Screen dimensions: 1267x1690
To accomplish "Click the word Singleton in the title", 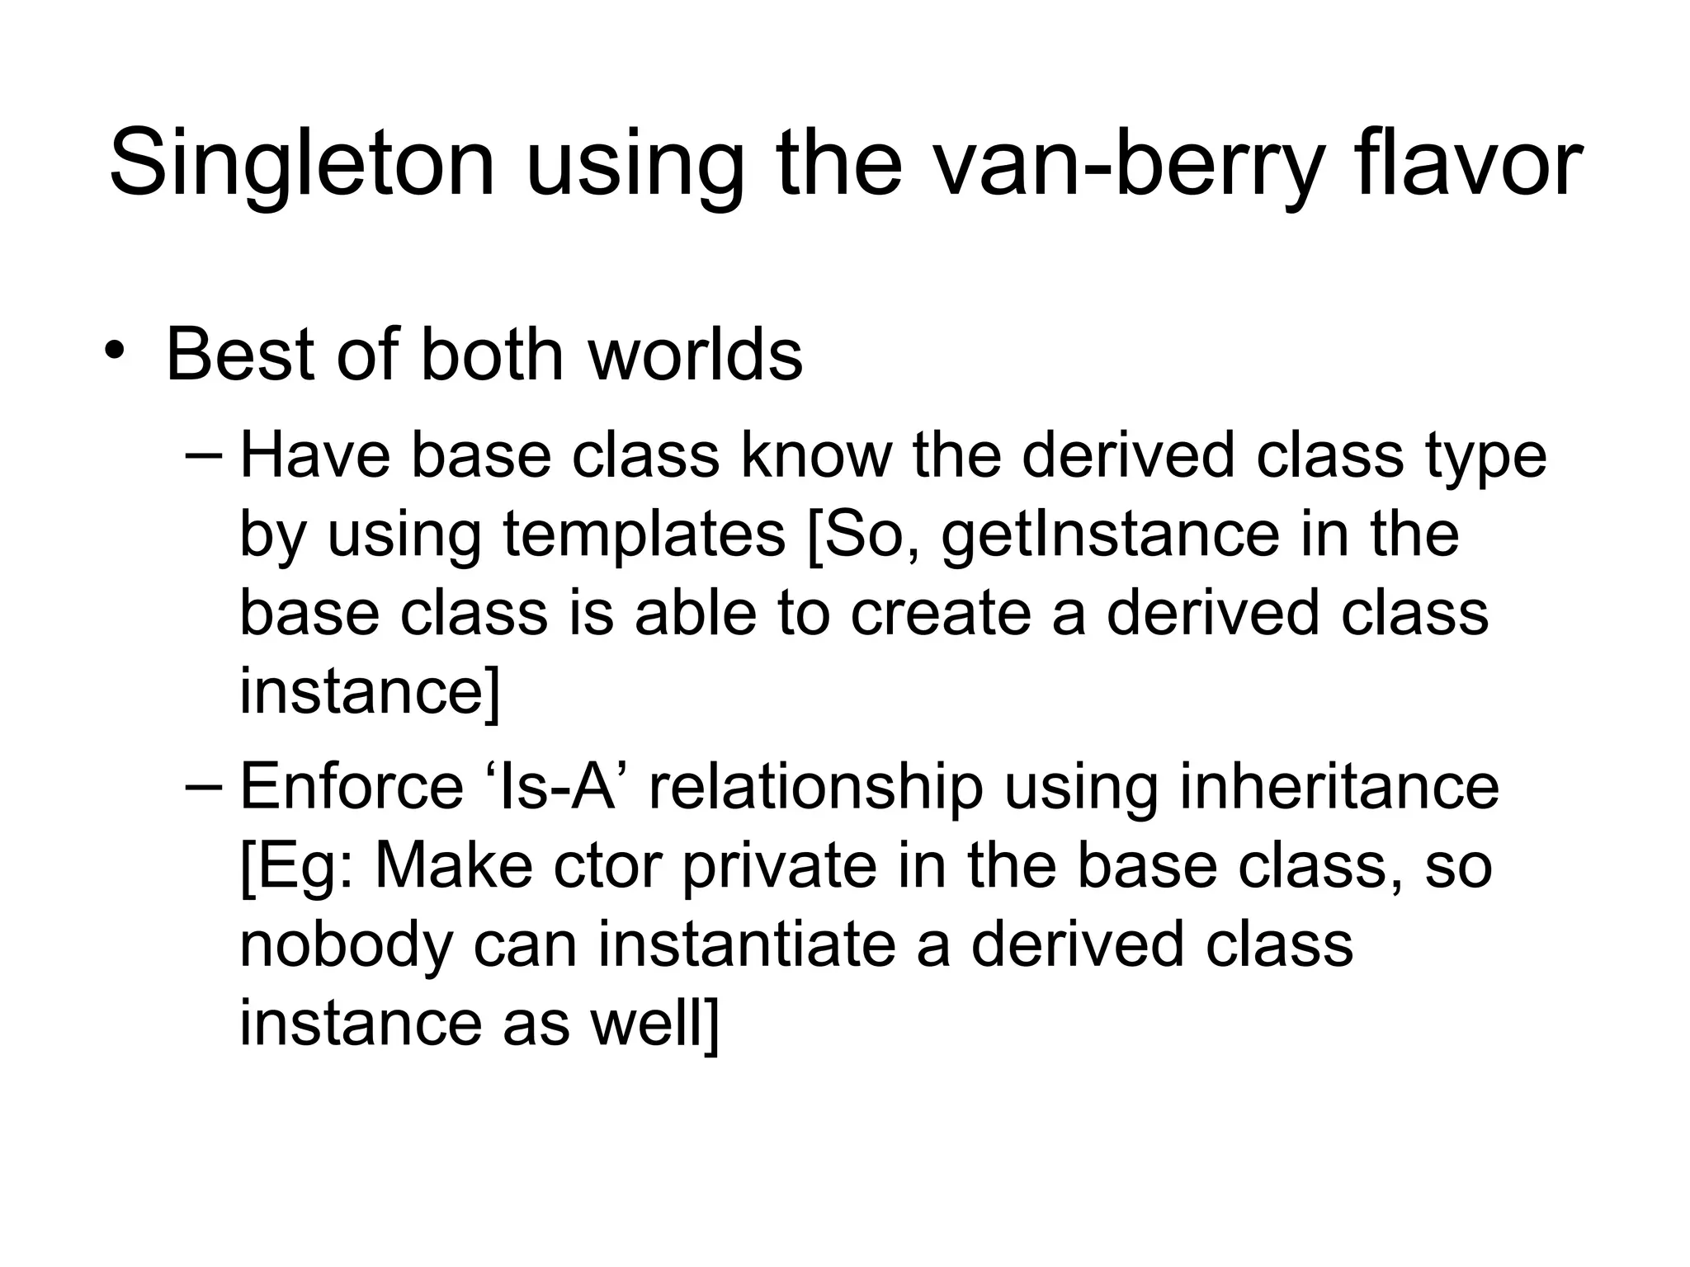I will click(x=302, y=162).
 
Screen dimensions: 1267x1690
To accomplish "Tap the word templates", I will click(x=644, y=535).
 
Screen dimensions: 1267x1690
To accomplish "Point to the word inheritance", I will click(x=1338, y=786).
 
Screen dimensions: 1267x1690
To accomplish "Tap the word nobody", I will click(x=346, y=944).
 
